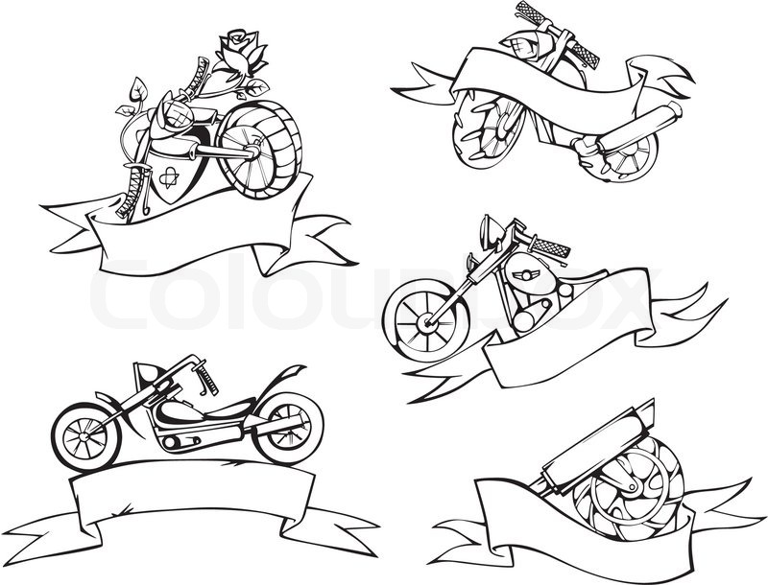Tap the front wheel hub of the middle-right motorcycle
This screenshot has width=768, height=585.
(x=423, y=321)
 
